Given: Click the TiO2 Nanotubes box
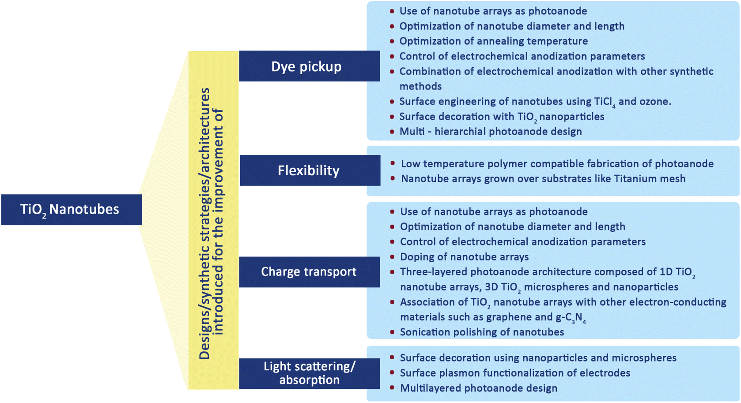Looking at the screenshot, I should pos(71,209).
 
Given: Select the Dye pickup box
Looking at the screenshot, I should pos(309,66).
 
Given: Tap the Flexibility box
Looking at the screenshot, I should pos(309,170).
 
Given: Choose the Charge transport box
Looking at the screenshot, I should pos(309,271).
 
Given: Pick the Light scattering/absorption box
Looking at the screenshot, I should pos(309,373).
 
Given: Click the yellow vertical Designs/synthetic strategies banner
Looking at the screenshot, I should pos(213,221).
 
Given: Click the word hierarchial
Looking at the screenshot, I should pos(463,132).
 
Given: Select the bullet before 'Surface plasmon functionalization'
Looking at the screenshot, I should pos(392,373).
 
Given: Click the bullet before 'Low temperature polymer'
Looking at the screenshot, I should pos(393,164).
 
